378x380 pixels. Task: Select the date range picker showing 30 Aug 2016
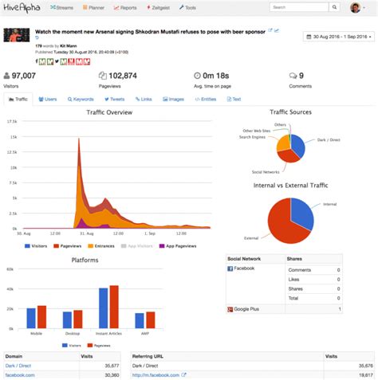pyautogui.click(x=339, y=37)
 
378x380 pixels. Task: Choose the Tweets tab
pyautogui.click(x=115, y=100)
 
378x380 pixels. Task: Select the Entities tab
pyautogui.click(x=206, y=100)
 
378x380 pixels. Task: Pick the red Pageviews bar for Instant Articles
pyautogui.click(x=114, y=308)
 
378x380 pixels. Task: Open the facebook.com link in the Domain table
pyautogui.click(x=20, y=374)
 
